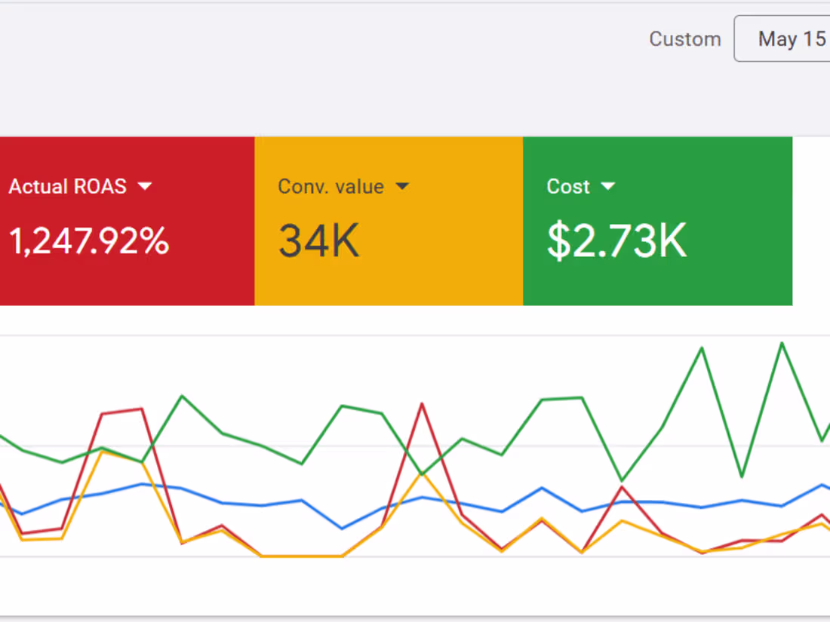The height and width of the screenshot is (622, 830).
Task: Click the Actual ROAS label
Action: pos(67,187)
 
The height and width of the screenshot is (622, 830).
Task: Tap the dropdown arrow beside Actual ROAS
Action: pos(145,186)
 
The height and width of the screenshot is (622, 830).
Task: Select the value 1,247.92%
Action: pos(89,241)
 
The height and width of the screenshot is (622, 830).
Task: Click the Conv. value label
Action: pos(330,187)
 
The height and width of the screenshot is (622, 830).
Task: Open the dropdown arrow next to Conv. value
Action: pos(402,186)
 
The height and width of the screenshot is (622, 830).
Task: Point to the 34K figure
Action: pos(318,241)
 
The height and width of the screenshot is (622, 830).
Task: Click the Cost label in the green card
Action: pos(568,187)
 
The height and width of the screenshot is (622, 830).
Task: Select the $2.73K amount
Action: pos(616,241)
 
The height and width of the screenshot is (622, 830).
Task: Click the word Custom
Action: pos(684,39)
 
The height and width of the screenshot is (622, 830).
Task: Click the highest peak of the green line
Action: pos(782,343)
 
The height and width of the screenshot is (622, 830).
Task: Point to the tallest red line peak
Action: pos(422,404)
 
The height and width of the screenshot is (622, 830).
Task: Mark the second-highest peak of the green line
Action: pos(702,348)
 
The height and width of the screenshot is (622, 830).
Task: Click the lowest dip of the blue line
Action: pos(343,529)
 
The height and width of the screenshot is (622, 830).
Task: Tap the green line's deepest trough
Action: pos(622,480)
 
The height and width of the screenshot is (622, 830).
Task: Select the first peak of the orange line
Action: pos(103,451)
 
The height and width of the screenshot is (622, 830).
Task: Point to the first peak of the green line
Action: pos(182,396)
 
